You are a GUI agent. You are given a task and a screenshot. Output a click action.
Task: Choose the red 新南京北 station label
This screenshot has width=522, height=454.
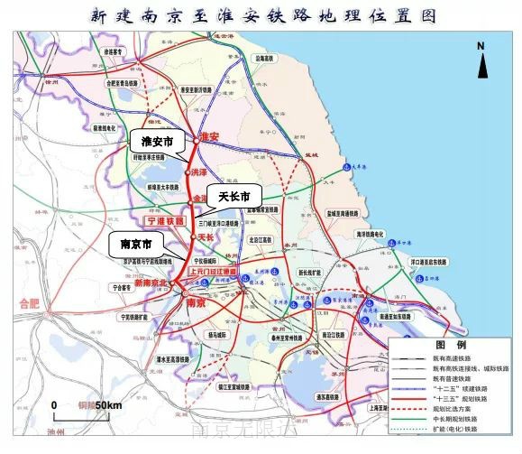pyautogui.click(x=152, y=283)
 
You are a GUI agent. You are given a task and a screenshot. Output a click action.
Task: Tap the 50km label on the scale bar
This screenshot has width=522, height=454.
pyautogui.click(x=108, y=405)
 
